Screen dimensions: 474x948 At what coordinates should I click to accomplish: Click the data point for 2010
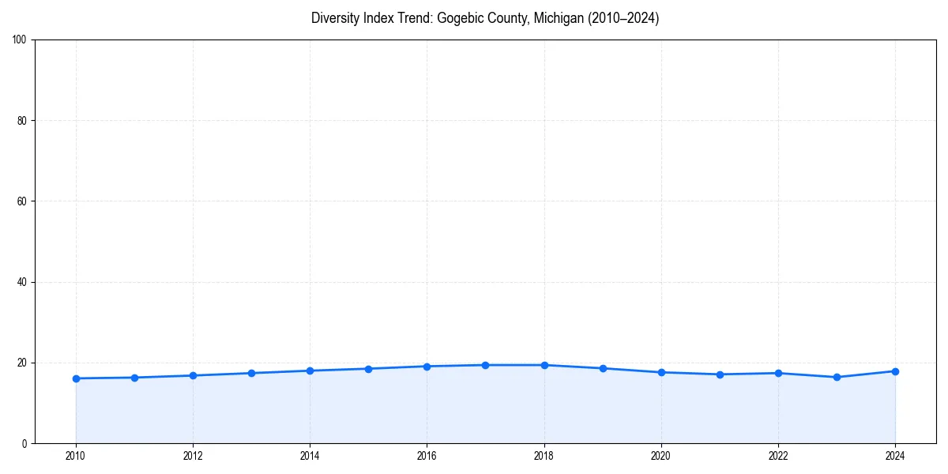pos(76,378)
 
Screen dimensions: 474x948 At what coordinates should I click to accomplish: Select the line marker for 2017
pos(485,365)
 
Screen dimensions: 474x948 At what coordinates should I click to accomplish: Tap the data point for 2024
pos(895,371)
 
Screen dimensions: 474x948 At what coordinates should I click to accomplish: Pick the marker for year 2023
pos(837,377)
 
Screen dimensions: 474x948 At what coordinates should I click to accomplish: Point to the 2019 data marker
pos(603,368)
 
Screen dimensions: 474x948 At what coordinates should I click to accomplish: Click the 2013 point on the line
pos(251,373)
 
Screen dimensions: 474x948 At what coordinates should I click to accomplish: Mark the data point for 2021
pos(720,374)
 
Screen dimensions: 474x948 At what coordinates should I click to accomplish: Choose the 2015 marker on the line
pos(368,369)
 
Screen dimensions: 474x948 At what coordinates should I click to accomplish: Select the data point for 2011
pos(134,378)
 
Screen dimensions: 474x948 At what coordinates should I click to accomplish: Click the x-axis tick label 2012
pos(193,455)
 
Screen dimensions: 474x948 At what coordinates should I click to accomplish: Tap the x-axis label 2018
pos(544,455)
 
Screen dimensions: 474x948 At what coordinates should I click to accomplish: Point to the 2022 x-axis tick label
pos(778,455)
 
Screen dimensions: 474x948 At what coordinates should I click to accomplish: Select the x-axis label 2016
pos(427,455)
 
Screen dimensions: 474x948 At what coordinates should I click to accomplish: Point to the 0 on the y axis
pos(25,443)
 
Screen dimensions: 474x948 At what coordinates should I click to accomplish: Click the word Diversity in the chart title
pos(333,18)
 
